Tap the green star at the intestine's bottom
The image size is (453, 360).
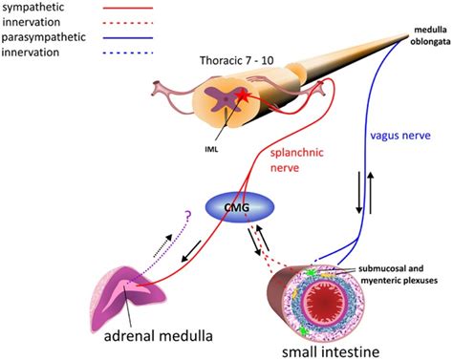click(x=306, y=330)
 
